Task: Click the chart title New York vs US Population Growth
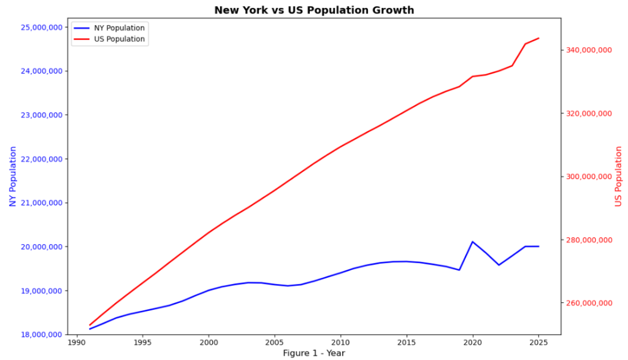(x=314, y=10)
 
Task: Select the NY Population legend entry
(x=118, y=28)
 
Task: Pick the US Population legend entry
(x=118, y=39)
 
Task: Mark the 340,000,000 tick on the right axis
(x=588, y=50)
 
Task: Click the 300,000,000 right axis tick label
(x=588, y=177)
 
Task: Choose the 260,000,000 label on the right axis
(x=588, y=303)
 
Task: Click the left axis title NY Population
(x=12, y=176)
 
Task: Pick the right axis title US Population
(x=618, y=176)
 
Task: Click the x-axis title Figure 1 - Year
(x=314, y=353)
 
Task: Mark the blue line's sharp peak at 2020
(x=472, y=242)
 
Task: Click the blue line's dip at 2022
(x=499, y=265)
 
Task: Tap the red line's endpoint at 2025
(x=538, y=38)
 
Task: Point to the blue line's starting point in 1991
(x=90, y=329)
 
